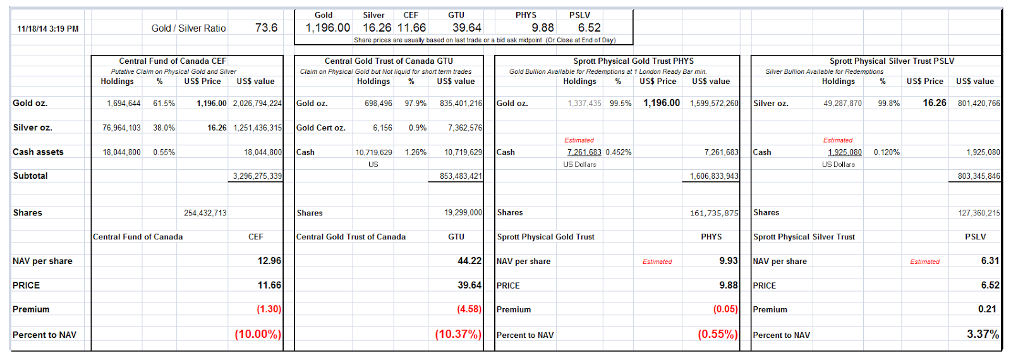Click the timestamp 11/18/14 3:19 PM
click(x=48, y=29)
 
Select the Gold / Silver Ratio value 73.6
click(x=266, y=28)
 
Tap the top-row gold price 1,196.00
click(x=328, y=28)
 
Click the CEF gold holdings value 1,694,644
click(x=124, y=104)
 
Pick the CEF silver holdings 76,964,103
click(x=121, y=128)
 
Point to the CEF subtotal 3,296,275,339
click(x=257, y=176)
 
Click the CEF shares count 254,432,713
click(x=205, y=213)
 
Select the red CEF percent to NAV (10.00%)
click(x=258, y=334)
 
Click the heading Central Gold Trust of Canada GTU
click(x=389, y=61)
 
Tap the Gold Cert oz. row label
click(x=321, y=128)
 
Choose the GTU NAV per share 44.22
click(x=469, y=261)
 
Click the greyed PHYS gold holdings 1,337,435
click(x=584, y=104)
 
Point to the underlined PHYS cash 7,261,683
click(x=584, y=152)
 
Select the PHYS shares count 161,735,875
click(x=714, y=213)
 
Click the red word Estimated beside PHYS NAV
click(x=657, y=261)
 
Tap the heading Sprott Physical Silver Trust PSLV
click(x=892, y=61)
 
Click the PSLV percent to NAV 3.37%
click(x=983, y=334)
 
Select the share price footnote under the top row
click(x=485, y=40)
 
